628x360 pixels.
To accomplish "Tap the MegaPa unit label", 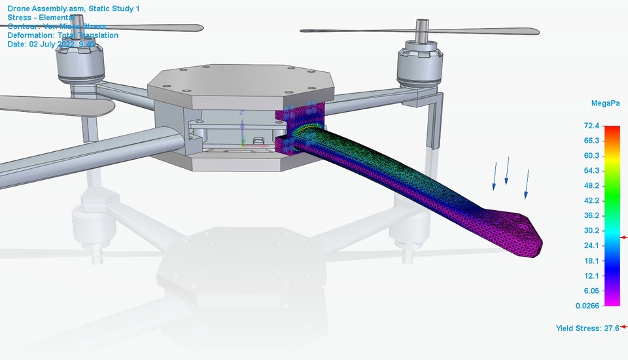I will coord(605,103).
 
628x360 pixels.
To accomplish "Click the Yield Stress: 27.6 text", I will coord(587,328).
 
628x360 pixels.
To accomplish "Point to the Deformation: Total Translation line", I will coord(63,35).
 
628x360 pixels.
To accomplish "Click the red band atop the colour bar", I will coord(612,131).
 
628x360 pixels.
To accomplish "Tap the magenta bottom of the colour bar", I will coord(612,300).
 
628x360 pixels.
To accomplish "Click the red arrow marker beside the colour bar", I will coord(624,237).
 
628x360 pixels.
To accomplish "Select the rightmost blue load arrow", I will coord(526,183).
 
